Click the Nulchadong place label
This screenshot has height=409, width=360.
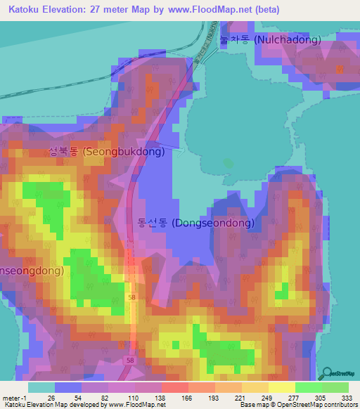tap(270, 40)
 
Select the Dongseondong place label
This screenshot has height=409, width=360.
tap(195, 223)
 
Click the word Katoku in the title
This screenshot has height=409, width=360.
tap(26, 10)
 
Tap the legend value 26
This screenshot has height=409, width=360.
tap(51, 397)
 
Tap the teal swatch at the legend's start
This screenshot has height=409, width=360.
tap(41, 387)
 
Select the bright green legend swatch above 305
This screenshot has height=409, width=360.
tap(308, 387)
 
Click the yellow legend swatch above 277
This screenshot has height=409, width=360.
tap(281, 387)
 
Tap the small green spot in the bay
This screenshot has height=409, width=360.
tap(226, 163)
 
